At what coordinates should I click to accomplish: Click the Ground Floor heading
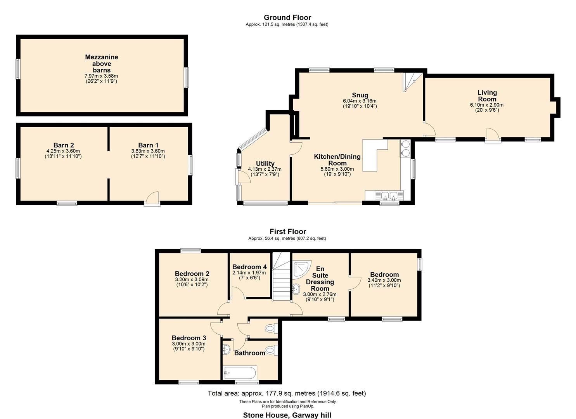pyautogui.click(x=287, y=17)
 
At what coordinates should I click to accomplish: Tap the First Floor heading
pyautogui.click(x=288, y=232)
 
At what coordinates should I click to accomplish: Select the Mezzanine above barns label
pyautogui.click(x=102, y=63)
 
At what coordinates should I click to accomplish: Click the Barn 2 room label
pyautogui.click(x=64, y=145)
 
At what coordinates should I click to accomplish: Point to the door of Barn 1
pyautogui.click(x=152, y=198)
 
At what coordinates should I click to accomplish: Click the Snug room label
pyautogui.click(x=360, y=95)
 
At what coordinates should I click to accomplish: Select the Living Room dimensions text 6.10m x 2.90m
pyautogui.click(x=487, y=105)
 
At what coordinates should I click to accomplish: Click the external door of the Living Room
pyautogui.click(x=493, y=135)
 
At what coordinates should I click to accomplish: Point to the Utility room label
pyautogui.click(x=265, y=163)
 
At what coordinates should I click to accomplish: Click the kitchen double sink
pyautogui.click(x=389, y=195)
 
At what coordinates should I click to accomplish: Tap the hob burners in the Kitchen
pyautogui.click(x=406, y=148)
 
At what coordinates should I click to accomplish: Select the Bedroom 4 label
pyautogui.click(x=249, y=267)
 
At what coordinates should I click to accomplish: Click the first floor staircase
pyautogui.click(x=281, y=276)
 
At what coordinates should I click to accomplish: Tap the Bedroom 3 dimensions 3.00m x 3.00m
pyautogui.click(x=189, y=344)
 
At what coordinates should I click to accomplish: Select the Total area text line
pyautogui.click(x=287, y=393)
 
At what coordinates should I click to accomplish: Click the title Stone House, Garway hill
pyautogui.click(x=287, y=415)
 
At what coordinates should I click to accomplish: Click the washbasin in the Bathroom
pyautogui.click(x=227, y=350)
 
